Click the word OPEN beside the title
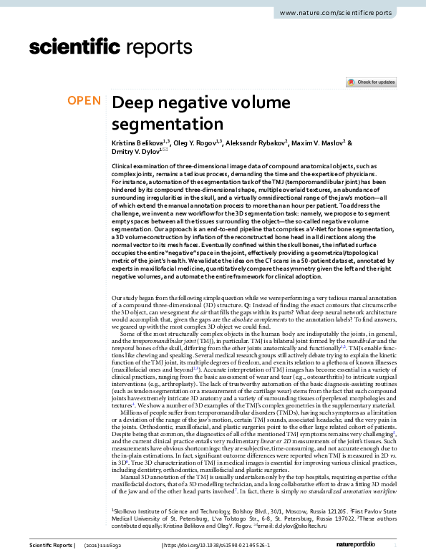[84, 101]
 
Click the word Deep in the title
[135, 102]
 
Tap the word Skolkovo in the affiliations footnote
[129, 512]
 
